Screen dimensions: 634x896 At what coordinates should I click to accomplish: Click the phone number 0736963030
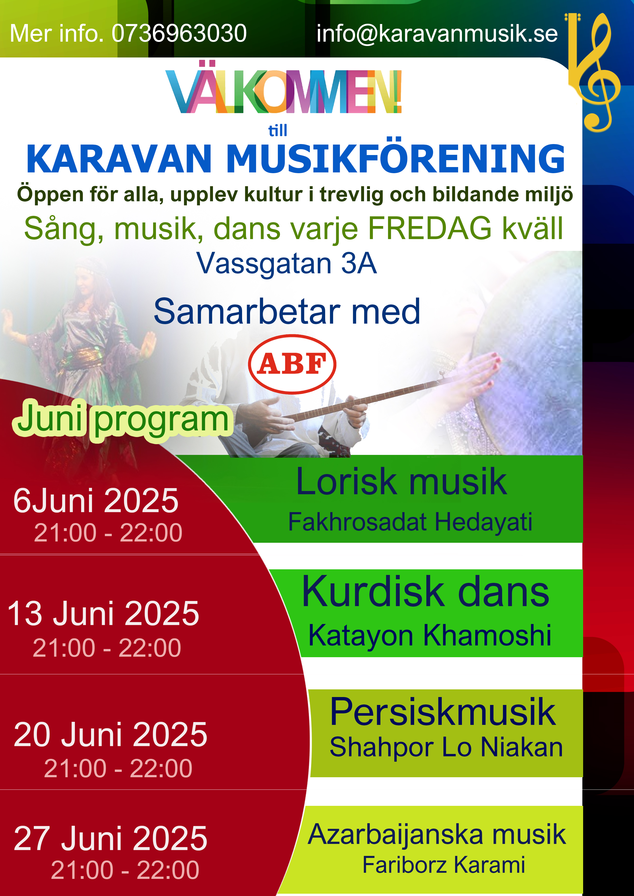[x=179, y=33]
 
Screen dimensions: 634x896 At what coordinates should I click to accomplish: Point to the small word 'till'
[x=278, y=130]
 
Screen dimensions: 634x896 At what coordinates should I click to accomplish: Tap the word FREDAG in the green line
[x=430, y=228]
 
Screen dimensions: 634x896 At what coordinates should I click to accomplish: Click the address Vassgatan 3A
[x=286, y=263]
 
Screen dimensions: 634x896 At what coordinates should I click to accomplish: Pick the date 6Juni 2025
[x=96, y=501]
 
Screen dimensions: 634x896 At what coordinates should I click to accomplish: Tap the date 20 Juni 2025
[x=110, y=734]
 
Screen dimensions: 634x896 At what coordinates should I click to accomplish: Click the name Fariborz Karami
[x=444, y=865]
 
